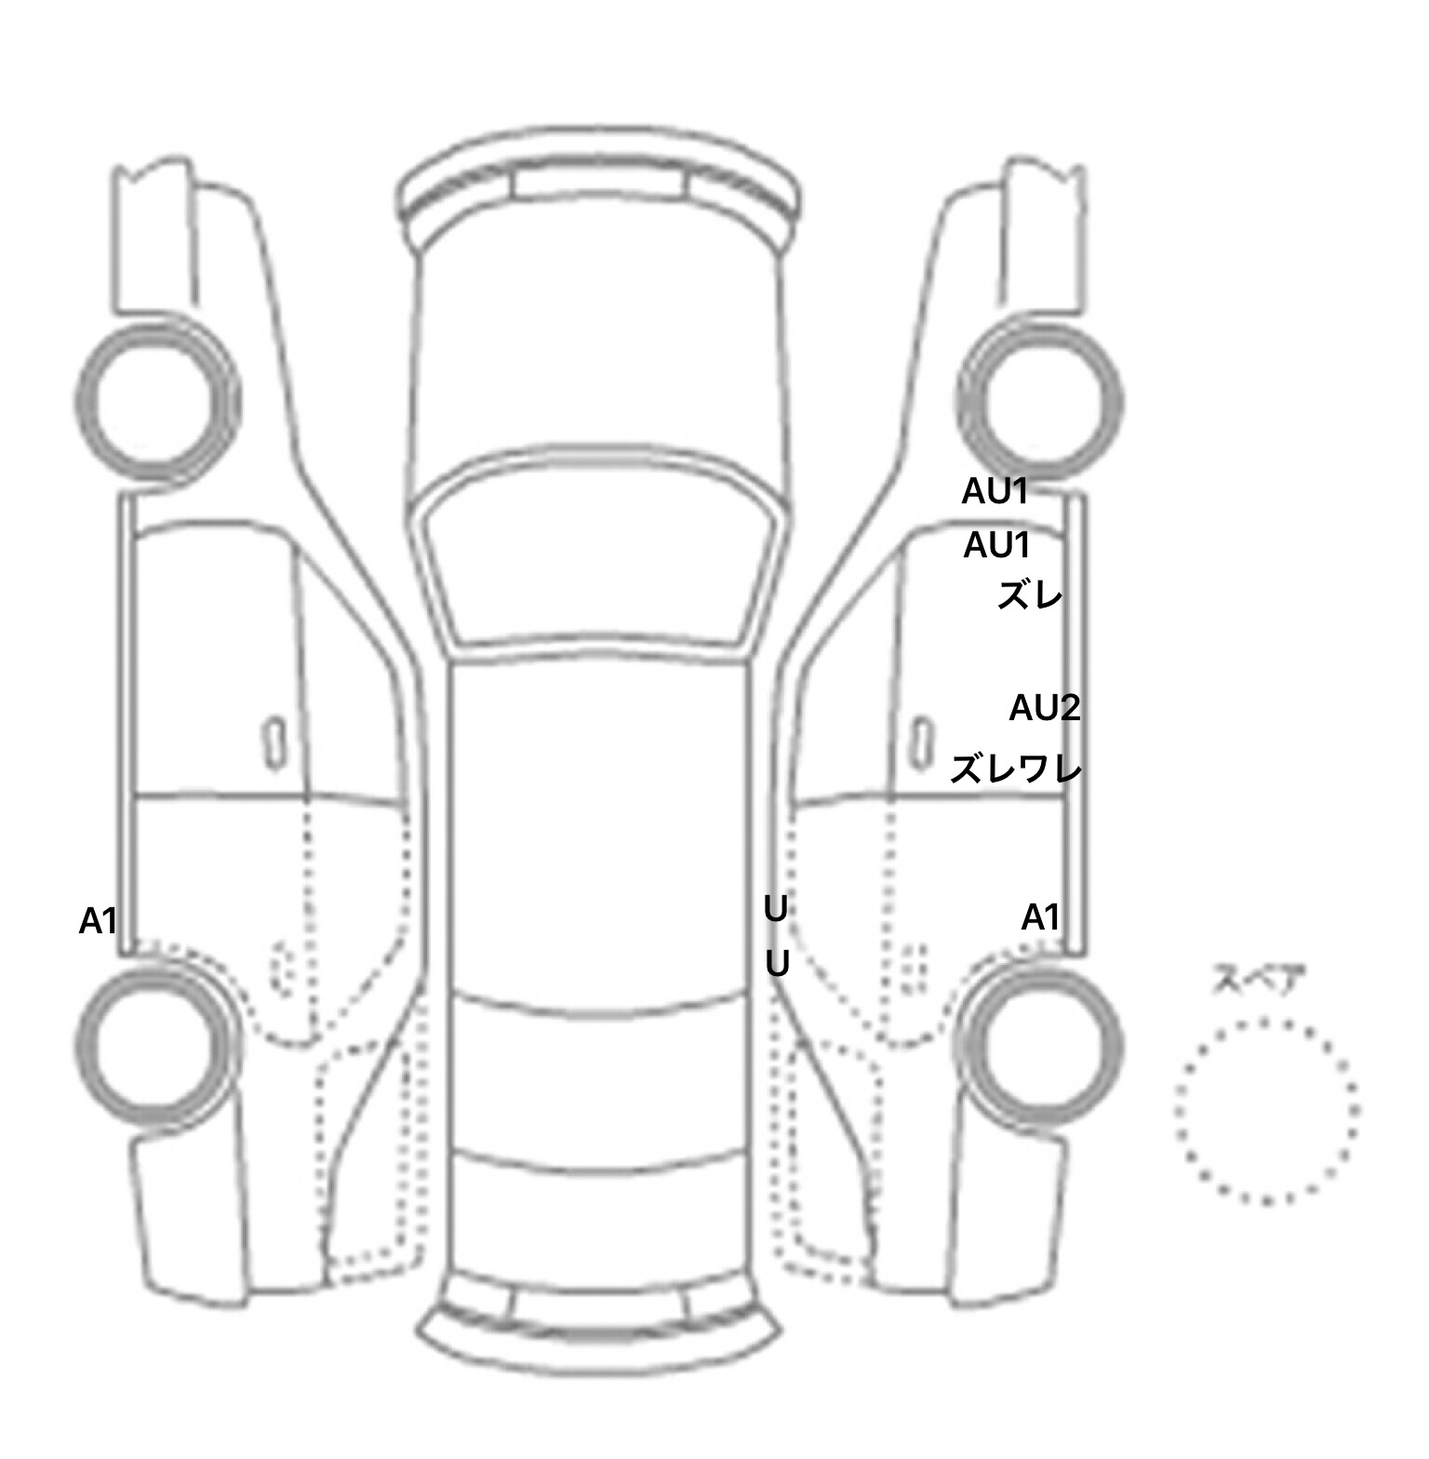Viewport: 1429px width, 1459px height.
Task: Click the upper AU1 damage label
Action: click(995, 491)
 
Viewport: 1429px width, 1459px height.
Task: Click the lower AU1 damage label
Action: click(997, 545)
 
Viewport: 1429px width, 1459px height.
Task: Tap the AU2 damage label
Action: click(1045, 709)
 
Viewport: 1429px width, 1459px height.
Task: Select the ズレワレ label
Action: click(1016, 770)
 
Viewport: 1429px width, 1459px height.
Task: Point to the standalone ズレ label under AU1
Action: click(1030, 596)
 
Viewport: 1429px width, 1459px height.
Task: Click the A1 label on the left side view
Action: click(99, 921)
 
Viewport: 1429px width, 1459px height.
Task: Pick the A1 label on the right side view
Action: click(1041, 917)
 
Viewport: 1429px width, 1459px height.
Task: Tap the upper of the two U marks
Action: click(776, 909)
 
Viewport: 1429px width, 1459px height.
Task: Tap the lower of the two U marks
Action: click(777, 965)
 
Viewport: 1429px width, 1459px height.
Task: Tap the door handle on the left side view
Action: click(274, 742)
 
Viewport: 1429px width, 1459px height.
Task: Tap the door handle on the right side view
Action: click(922, 742)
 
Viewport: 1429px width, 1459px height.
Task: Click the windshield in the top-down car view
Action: click(599, 558)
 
